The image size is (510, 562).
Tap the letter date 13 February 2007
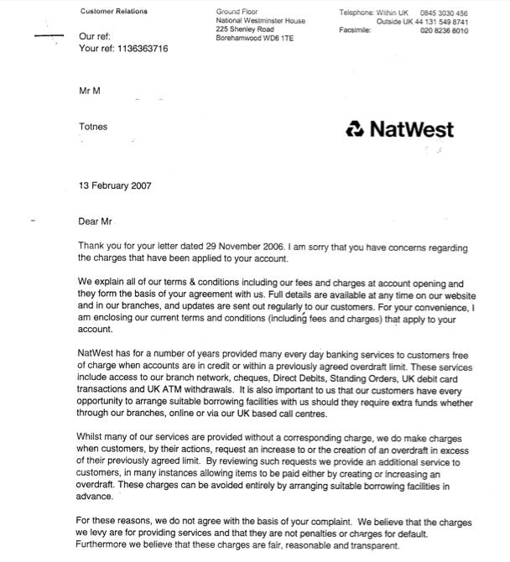coord(115,185)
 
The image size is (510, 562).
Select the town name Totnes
coord(92,127)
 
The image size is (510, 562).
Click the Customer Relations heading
coord(113,11)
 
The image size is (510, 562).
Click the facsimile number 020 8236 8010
coord(444,30)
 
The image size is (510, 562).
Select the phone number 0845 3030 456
coord(444,13)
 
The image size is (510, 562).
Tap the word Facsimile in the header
coord(355,30)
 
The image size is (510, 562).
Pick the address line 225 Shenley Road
coord(245,29)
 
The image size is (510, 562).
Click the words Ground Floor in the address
coord(238,11)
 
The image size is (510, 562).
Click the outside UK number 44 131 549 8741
coord(435,22)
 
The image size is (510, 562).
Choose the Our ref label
coord(94,37)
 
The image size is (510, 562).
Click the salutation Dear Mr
coord(94,221)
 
